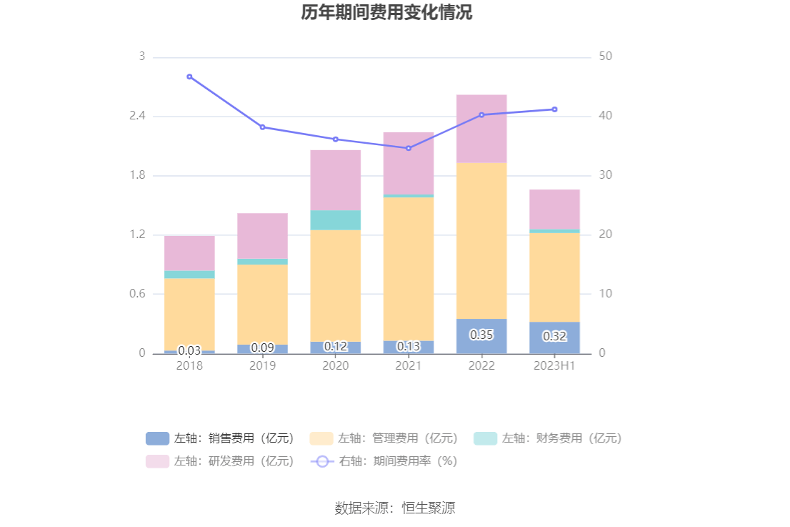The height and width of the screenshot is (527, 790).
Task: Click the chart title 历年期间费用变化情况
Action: point(386,14)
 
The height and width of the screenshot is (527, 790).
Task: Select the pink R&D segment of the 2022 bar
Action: point(481,129)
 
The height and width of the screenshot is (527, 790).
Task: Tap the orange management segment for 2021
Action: point(409,268)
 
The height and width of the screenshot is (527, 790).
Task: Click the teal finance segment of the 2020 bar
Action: point(336,220)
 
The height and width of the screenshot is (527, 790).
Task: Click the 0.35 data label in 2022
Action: point(481,335)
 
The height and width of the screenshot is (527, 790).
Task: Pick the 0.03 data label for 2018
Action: point(189,350)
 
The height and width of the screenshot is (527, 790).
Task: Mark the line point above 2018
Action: point(189,77)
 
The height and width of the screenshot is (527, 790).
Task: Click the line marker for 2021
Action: point(409,148)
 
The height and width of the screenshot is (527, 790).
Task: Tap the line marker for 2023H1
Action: point(554,109)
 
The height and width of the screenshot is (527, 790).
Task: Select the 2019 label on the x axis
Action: point(262,365)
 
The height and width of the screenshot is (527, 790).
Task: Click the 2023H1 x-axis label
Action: point(554,365)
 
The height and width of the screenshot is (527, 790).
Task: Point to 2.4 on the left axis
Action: point(135,116)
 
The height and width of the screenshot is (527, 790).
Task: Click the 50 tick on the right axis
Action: point(605,56)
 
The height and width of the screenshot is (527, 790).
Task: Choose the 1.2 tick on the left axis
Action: point(135,235)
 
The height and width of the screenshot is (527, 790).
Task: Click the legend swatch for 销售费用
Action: point(157,438)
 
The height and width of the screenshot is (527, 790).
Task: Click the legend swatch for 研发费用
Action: point(157,461)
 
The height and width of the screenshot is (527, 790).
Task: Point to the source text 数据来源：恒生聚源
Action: point(395,508)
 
